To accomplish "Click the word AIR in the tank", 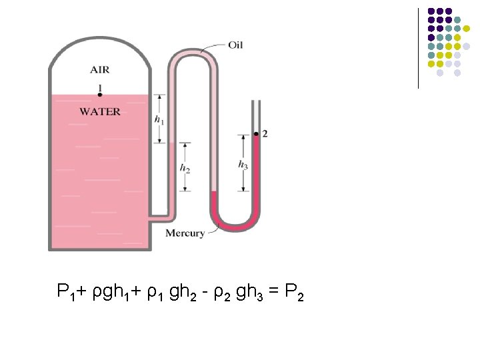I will pos(101,69).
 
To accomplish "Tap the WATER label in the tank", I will pos(100,111).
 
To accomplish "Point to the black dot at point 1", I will pos(99,95).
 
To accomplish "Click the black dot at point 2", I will pos(257,135).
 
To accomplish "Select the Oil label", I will pos(235,45).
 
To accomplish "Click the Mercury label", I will pos(185,233).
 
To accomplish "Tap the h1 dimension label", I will pos(159,120).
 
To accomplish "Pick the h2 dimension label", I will pos(185,168).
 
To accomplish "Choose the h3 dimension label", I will pos(243,164).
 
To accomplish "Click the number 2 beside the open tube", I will pos(265,134).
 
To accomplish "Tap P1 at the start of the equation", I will pos(65,292).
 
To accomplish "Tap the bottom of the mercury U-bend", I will pos(235,227).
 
